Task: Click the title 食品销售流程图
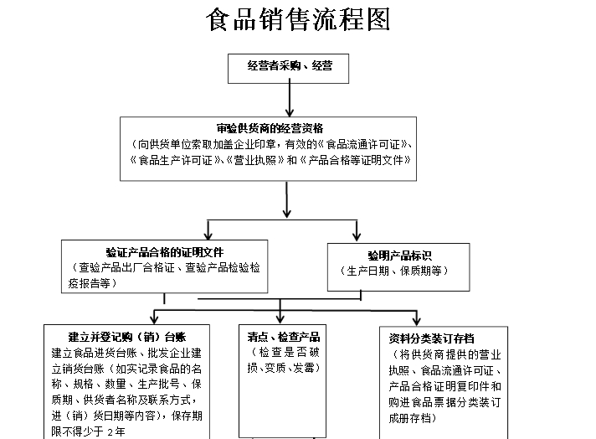[298, 20]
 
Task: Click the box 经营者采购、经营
[290, 66]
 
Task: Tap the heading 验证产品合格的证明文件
[164, 252]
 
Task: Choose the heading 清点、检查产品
[283, 338]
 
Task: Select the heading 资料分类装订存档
[431, 339]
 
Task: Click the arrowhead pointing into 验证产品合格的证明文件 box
[208, 233]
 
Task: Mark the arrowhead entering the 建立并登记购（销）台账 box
[153, 318]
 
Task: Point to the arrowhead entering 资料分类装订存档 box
[416, 318]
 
